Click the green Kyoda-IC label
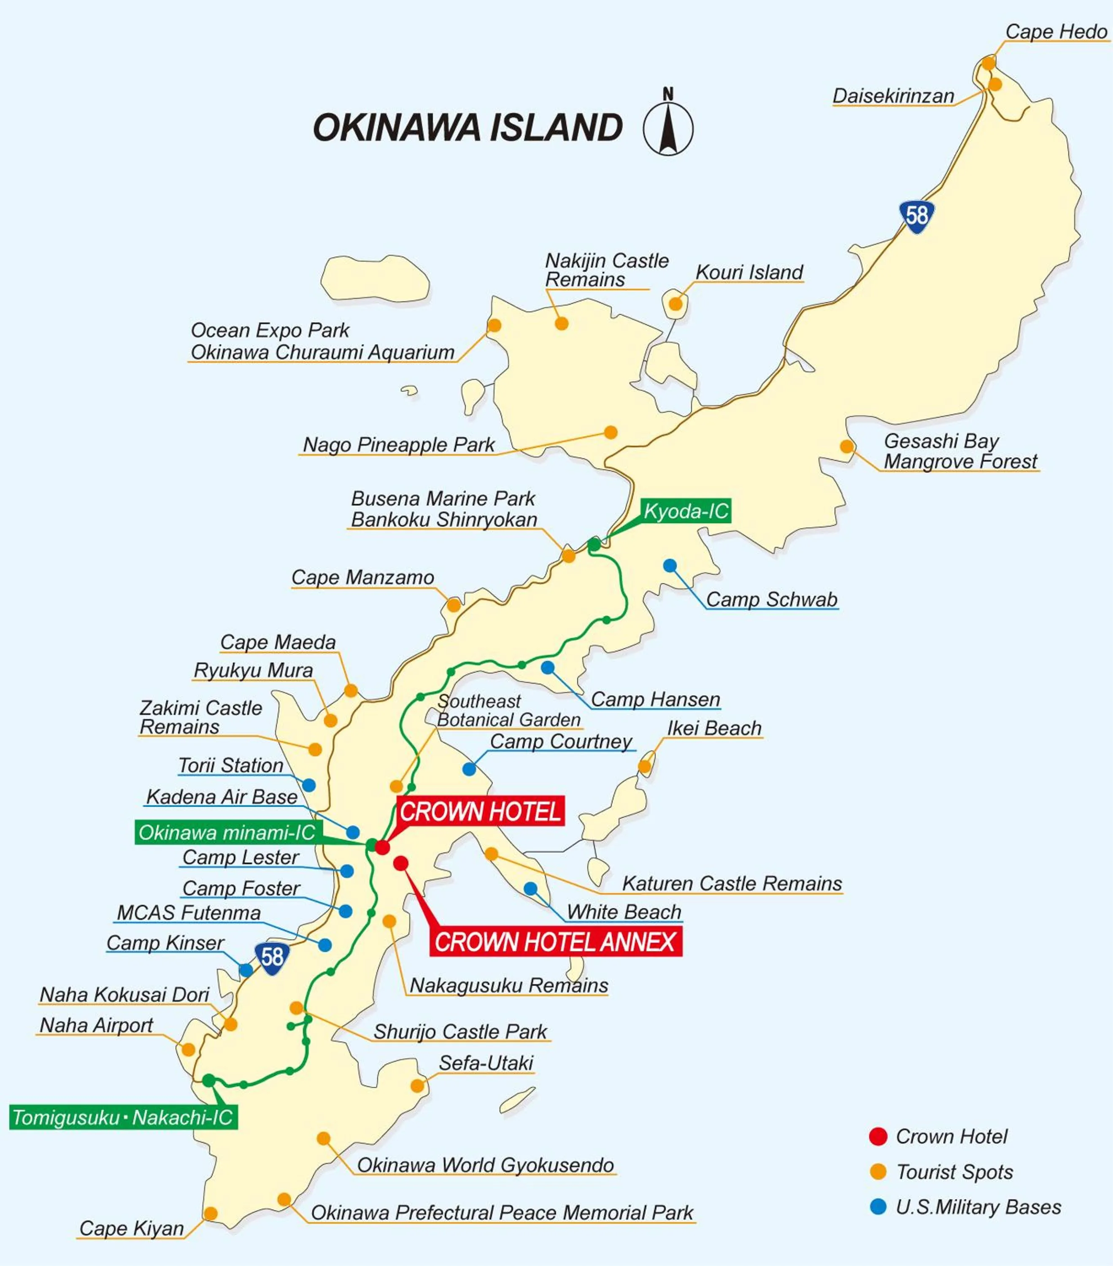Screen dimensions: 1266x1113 (686, 511)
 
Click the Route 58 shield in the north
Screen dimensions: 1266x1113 (917, 216)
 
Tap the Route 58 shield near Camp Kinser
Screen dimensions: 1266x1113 (272, 957)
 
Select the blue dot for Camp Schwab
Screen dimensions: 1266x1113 (670, 565)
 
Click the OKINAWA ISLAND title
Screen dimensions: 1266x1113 (467, 127)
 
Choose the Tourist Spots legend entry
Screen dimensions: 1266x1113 (954, 1172)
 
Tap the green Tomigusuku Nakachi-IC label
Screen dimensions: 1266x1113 (123, 1117)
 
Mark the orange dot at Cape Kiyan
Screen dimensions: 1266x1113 (211, 1213)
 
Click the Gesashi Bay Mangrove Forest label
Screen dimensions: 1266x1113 (959, 451)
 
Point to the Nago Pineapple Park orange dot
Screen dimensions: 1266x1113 (611, 432)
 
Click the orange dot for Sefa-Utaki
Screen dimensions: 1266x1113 (417, 1085)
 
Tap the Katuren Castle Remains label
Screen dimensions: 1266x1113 (732, 883)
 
